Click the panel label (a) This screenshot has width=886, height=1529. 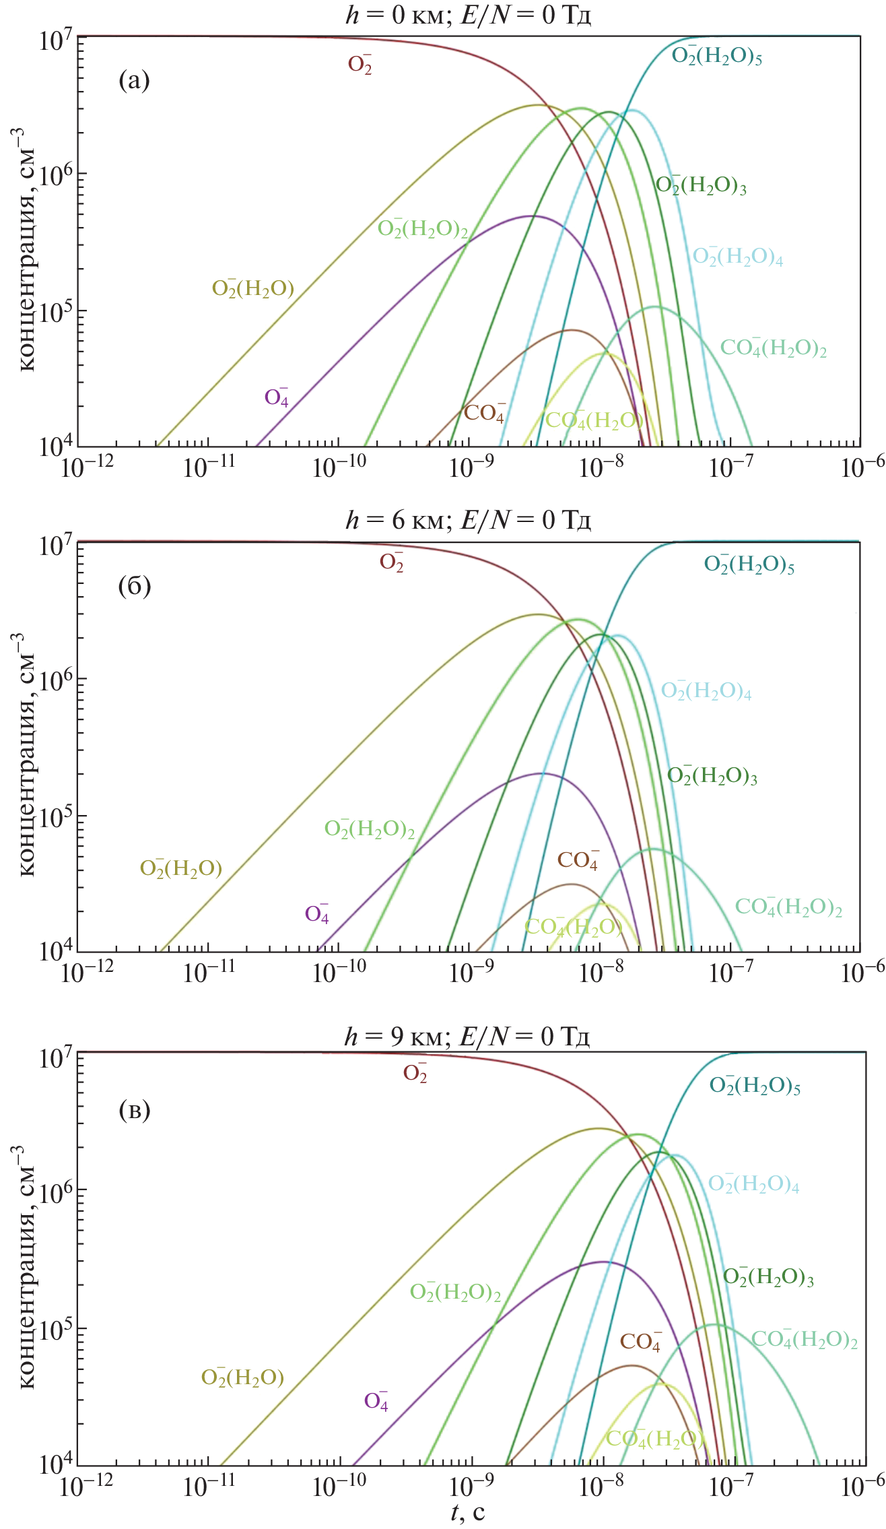(134, 82)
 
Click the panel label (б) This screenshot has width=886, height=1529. (134, 587)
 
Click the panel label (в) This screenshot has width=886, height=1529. (134, 1109)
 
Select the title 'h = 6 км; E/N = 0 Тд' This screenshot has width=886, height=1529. (468, 521)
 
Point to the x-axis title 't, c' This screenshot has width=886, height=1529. (468, 1512)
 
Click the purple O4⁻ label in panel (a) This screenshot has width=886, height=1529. (277, 398)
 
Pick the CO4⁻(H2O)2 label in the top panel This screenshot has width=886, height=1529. (774, 348)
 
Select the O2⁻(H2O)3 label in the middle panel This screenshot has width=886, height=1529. (712, 776)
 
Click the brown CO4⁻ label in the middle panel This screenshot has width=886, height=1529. (578, 860)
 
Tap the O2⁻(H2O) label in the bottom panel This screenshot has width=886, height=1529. (242, 1377)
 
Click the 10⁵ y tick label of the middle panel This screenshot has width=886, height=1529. (57, 817)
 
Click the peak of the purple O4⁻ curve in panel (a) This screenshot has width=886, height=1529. (532, 216)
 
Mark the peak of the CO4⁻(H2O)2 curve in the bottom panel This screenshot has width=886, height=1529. (715, 1324)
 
